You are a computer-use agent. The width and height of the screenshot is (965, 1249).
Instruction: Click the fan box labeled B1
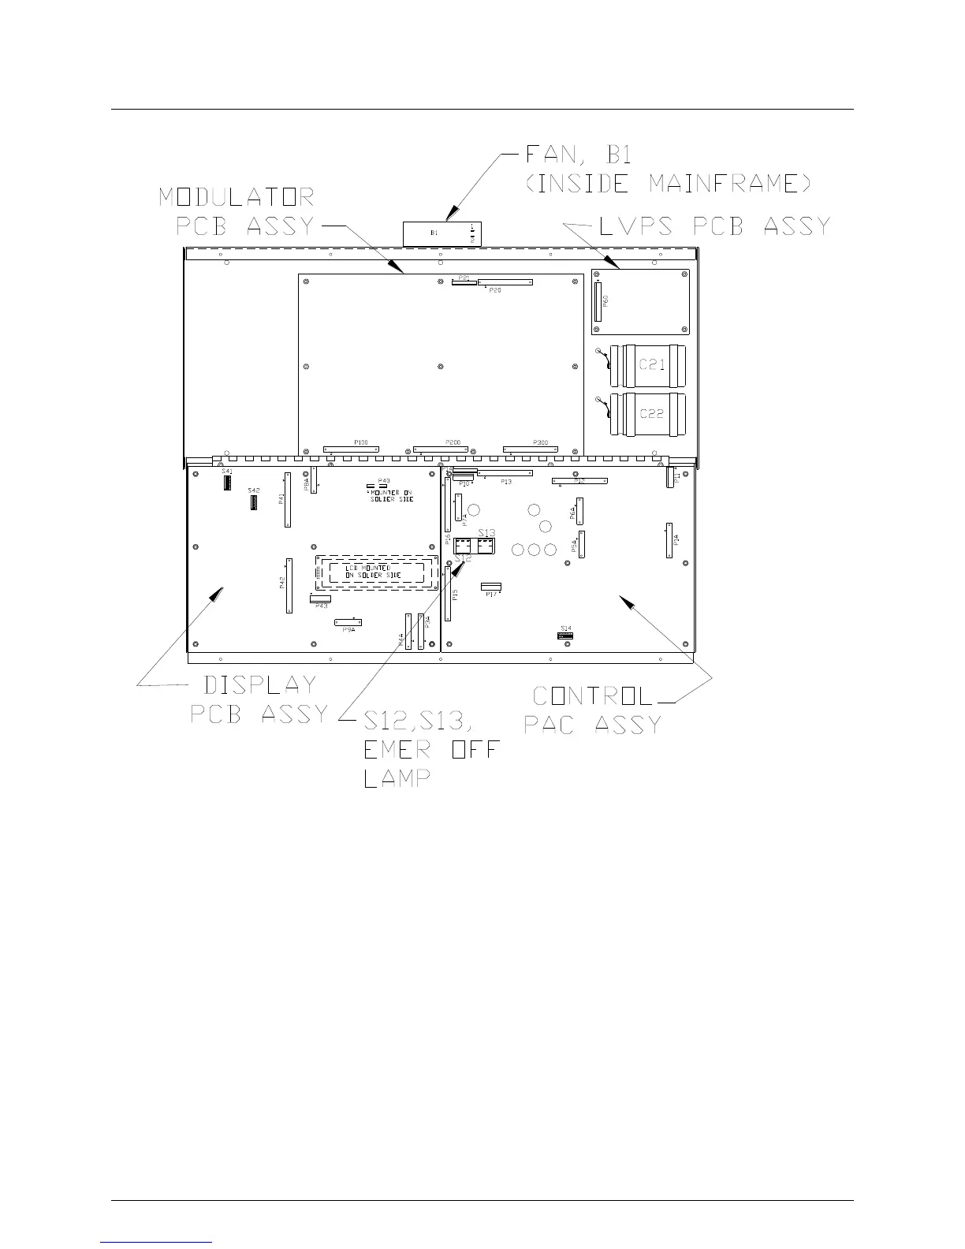pos(442,234)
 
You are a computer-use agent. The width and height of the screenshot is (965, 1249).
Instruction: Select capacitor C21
pos(651,365)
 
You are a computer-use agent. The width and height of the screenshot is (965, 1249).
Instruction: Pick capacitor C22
pos(651,413)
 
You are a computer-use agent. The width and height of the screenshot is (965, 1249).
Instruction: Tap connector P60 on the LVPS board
pos(598,300)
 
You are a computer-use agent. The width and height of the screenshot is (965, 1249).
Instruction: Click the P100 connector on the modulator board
pos(351,449)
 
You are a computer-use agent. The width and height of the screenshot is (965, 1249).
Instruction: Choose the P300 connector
pos(530,449)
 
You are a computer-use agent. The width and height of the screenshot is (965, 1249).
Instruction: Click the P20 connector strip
pos(505,281)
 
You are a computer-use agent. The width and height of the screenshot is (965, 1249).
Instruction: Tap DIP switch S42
pos(253,501)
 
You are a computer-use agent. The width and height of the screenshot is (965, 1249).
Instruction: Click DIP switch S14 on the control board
pos(565,634)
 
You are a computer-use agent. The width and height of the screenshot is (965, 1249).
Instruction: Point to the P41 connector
pos(287,501)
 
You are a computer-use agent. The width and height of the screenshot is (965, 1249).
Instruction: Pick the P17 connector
pos(491,587)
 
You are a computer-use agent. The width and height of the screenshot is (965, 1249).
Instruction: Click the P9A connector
pos(348,621)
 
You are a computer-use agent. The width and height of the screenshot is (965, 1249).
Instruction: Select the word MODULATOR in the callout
pos(237,196)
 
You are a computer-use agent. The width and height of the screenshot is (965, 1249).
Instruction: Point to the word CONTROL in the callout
pos(594,696)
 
